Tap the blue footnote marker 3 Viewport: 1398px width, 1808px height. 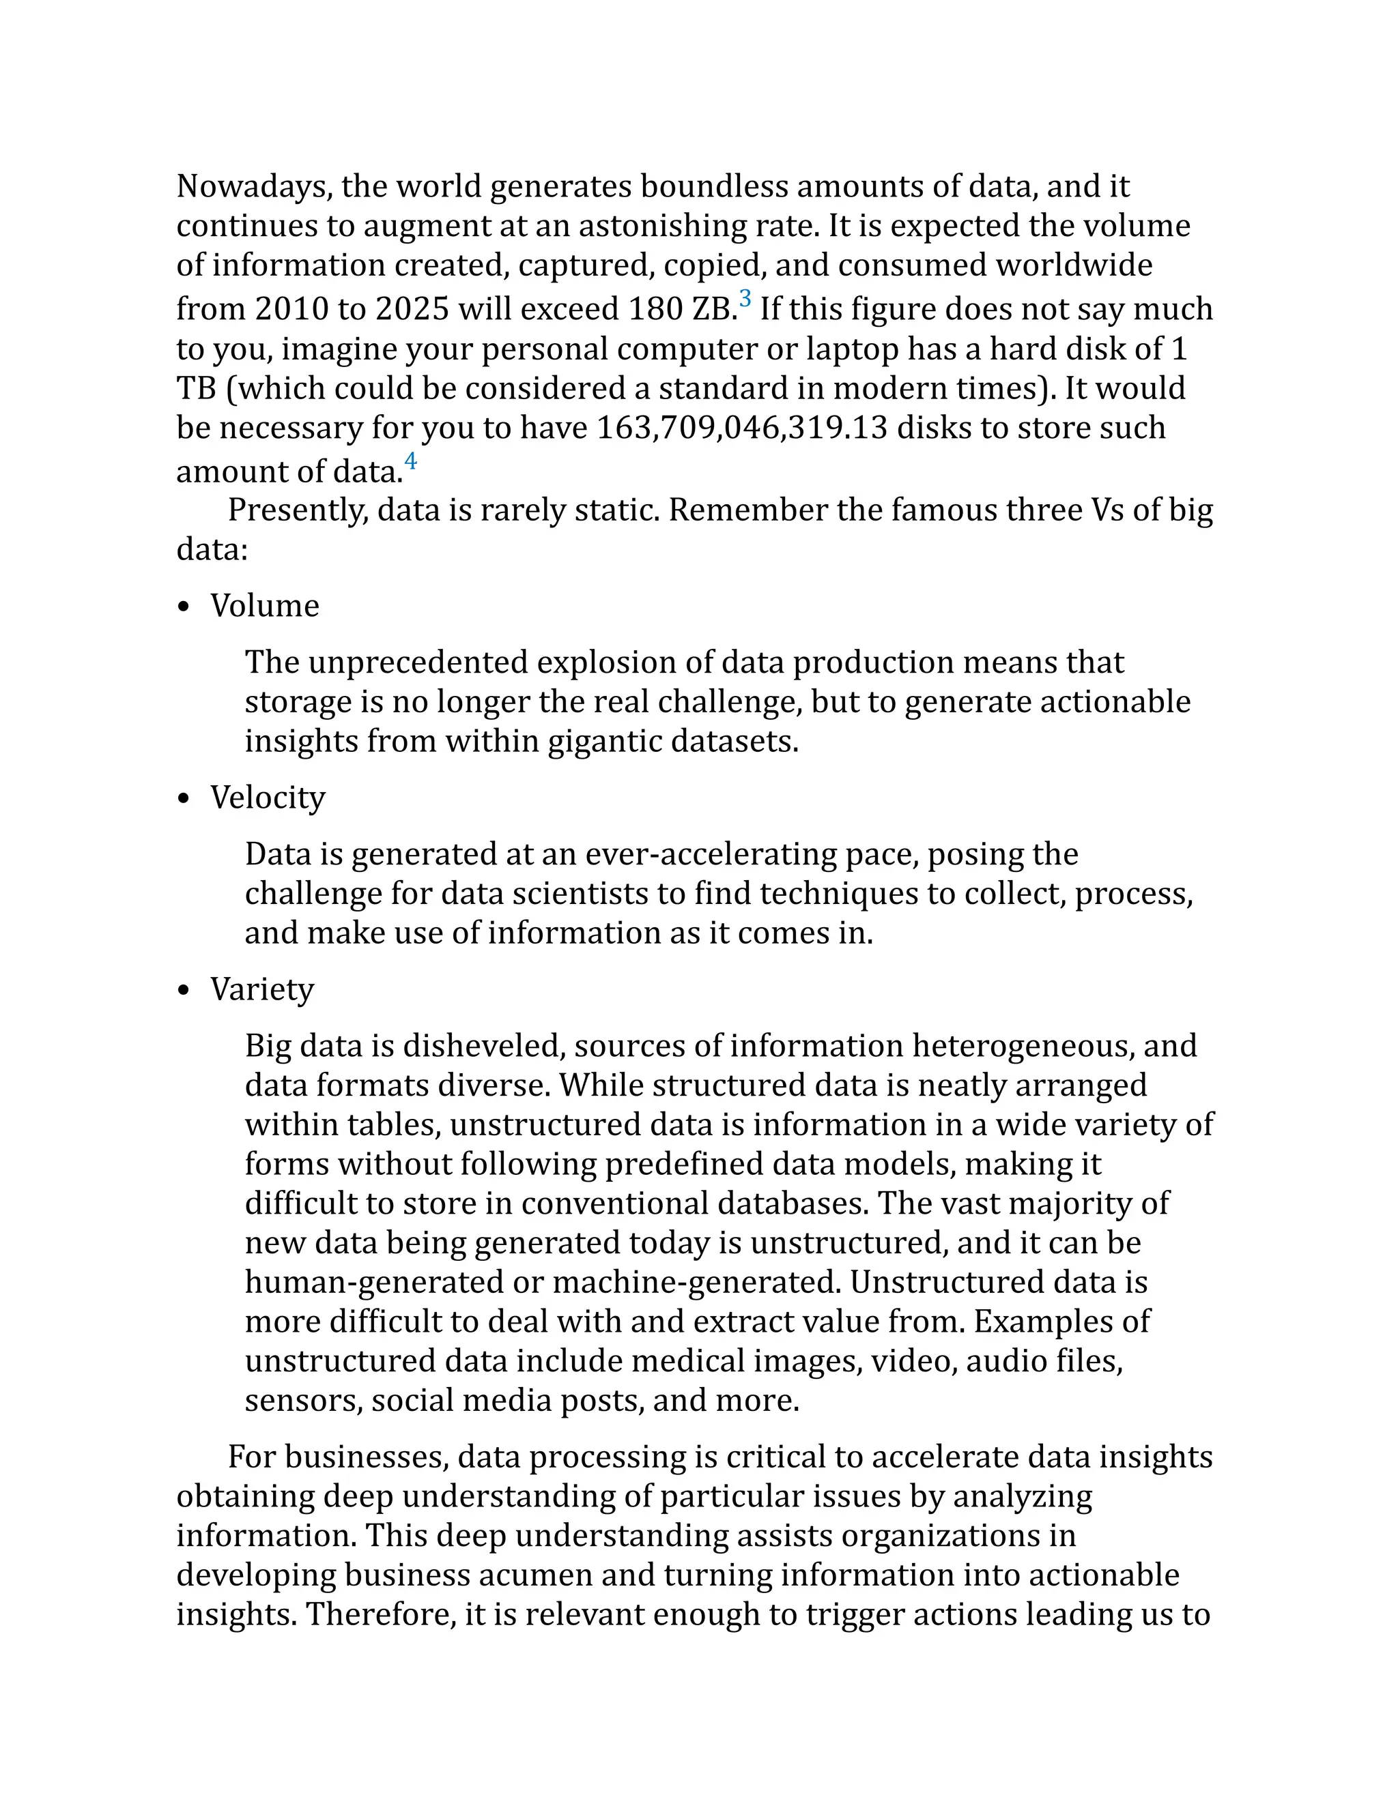(745, 299)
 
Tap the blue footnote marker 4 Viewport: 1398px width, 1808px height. (411, 461)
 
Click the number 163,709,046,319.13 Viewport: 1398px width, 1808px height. (742, 428)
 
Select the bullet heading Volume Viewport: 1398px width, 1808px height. (264, 606)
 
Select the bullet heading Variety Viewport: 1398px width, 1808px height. (261, 989)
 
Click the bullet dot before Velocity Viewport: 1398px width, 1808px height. (184, 800)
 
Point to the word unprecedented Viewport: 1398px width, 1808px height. (420, 663)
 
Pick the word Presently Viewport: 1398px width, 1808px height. (298, 511)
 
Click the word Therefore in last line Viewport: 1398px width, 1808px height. (381, 1614)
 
